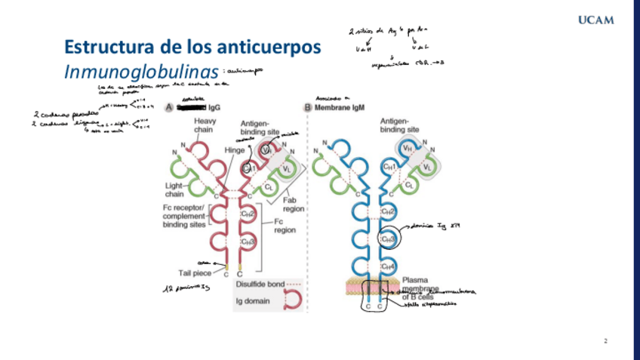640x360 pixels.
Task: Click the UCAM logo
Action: pyautogui.click(x=595, y=20)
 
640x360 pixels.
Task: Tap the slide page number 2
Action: pyautogui.click(x=605, y=342)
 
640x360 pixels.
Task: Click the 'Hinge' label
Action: pyautogui.click(x=235, y=150)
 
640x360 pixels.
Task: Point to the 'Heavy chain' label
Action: pyautogui.click(x=205, y=126)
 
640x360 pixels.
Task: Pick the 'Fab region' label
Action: pyautogui.click(x=294, y=205)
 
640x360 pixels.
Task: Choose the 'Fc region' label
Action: pyautogui.click(x=285, y=226)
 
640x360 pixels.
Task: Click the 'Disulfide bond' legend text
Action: pyautogui.click(x=260, y=285)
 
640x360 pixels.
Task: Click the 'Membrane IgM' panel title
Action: pyautogui.click(x=340, y=108)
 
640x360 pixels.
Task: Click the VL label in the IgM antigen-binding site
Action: pyautogui.click(x=427, y=167)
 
